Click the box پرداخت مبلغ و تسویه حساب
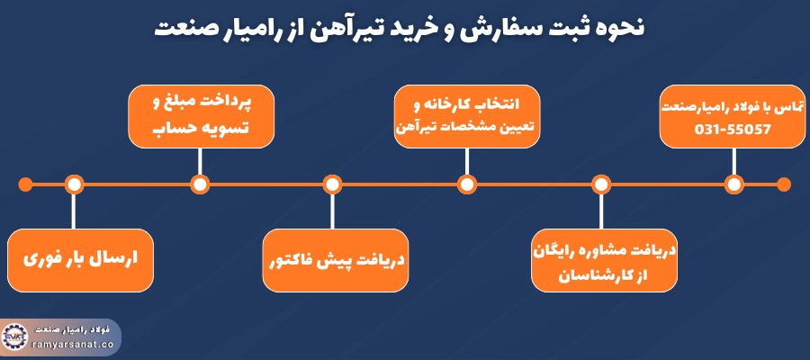[x=200, y=115]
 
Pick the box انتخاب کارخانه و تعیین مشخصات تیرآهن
[x=466, y=115]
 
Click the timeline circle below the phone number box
[x=733, y=184]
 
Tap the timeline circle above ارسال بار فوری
[x=75, y=184]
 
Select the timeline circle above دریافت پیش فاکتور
[x=332, y=184]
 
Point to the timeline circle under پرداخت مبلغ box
[x=200, y=184]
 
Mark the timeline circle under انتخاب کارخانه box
[x=466, y=184]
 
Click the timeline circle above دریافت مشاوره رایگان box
[x=600, y=184]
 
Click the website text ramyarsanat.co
[x=71, y=343]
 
